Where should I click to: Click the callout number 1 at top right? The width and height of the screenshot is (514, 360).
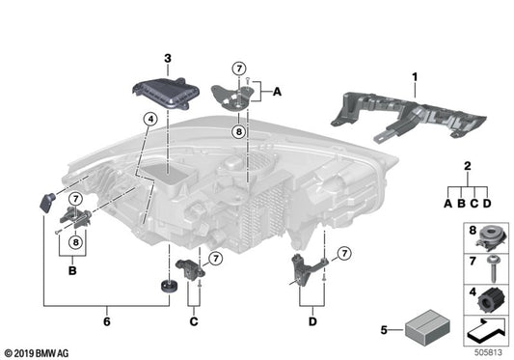tap(417, 75)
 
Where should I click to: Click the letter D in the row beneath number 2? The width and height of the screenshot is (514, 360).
tap(487, 204)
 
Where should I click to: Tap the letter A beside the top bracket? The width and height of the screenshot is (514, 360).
tap(277, 93)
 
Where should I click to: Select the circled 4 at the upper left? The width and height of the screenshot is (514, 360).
tap(148, 120)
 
